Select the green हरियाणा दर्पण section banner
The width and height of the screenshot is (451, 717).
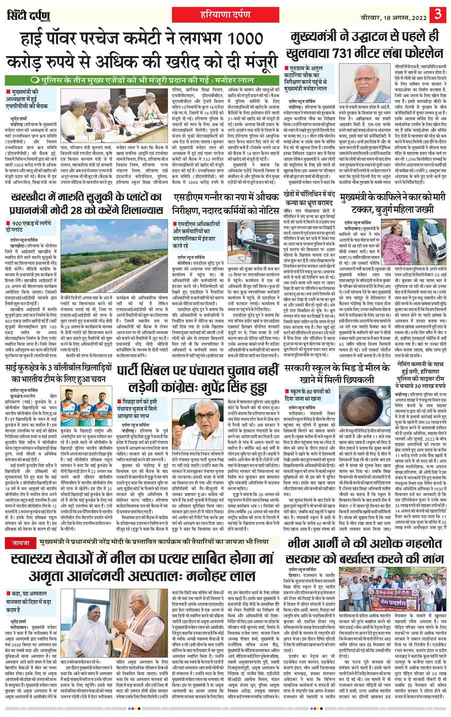coord(225,14)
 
